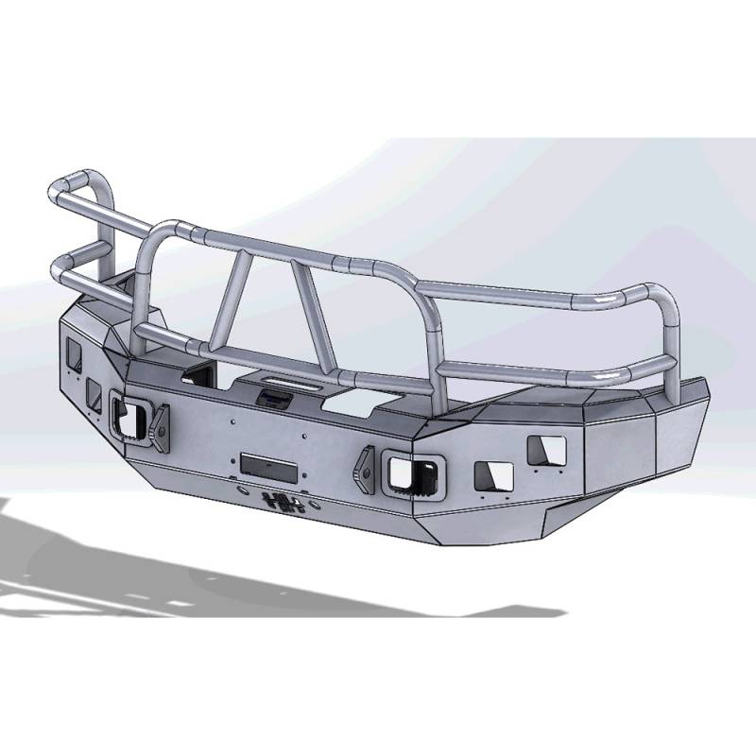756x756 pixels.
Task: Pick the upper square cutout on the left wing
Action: point(72,358)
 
